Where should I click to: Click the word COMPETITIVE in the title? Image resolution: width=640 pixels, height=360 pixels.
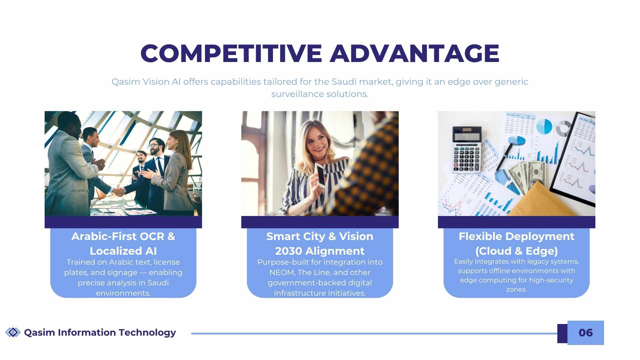click(x=231, y=53)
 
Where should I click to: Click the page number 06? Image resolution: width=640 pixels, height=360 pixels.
click(x=586, y=333)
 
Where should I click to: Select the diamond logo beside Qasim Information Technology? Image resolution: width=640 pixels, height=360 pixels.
click(x=13, y=332)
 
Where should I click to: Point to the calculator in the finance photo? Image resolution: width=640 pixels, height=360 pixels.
click(x=467, y=149)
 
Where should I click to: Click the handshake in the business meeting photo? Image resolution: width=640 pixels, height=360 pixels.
click(x=119, y=192)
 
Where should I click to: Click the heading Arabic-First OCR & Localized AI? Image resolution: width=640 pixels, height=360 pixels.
click(x=123, y=244)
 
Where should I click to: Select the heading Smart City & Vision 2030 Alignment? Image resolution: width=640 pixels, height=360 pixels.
click(x=320, y=244)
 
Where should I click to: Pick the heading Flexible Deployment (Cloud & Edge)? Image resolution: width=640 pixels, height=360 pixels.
click(x=517, y=244)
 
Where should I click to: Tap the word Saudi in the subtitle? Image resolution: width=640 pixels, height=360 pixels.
click(x=344, y=82)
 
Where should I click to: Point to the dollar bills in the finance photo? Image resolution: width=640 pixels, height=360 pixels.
click(x=527, y=177)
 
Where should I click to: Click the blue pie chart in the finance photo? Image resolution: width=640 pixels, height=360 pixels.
click(x=544, y=126)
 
